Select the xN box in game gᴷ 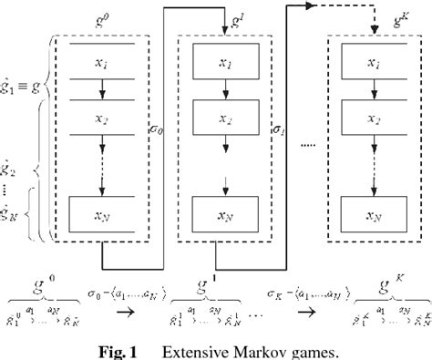pos(374,217)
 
